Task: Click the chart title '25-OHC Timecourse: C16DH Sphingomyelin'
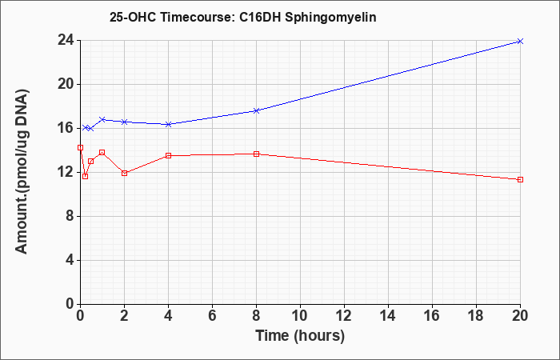click(243, 18)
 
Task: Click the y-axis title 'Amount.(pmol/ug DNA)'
click(22, 172)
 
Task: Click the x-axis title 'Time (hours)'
click(300, 336)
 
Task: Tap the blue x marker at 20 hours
click(520, 42)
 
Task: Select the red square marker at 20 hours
click(520, 180)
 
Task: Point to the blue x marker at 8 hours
click(256, 110)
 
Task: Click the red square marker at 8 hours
click(256, 154)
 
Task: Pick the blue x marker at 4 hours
click(168, 124)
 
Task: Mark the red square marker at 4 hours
click(168, 156)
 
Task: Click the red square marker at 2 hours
click(124, 174)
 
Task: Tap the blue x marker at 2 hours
click(124, 122)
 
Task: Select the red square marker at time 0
click(80, 147)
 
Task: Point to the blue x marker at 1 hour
click(102, 119)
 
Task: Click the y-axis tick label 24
click(66, 40)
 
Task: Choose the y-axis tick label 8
click(70, 216)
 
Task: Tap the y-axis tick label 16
click(66, 128)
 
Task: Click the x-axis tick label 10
click(300, 316)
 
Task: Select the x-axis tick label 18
click(476, 316)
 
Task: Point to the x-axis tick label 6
click(212, 316)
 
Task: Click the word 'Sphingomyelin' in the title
click(330, 18)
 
